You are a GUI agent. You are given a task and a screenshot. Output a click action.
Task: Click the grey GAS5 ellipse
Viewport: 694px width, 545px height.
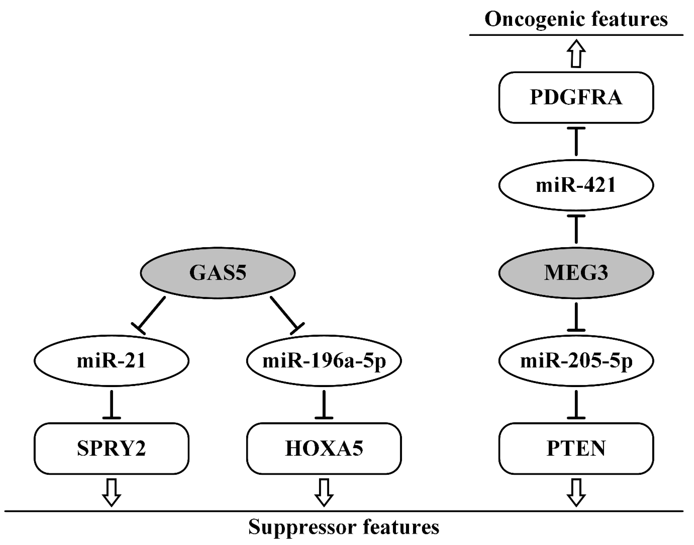point(218,273)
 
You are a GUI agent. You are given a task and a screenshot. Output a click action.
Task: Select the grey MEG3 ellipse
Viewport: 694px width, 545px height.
point(576,273)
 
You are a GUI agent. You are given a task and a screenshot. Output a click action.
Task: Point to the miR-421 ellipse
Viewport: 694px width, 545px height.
point(576,185)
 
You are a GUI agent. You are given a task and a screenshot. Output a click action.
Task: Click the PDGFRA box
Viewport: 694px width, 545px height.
point(576,97)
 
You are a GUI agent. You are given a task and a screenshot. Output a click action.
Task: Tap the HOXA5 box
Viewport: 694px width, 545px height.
point(324,449)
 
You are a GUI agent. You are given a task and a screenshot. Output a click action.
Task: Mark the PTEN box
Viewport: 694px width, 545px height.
point(576,449)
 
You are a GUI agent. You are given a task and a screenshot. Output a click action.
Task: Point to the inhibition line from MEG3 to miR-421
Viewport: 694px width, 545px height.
point(576,230)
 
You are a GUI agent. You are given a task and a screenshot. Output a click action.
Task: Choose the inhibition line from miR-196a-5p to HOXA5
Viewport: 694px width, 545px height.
point(324,404)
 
